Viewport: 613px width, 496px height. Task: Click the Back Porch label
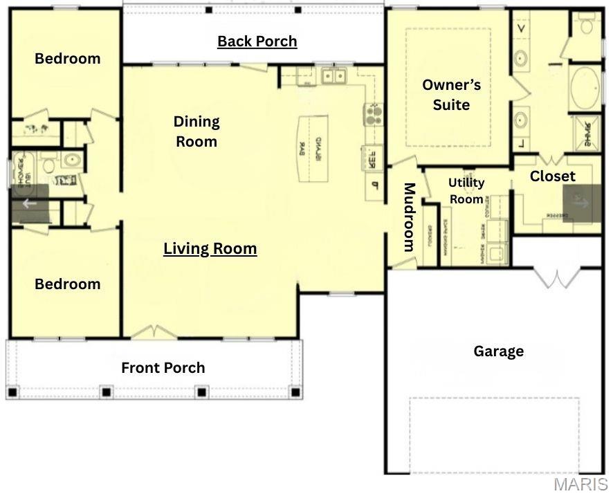(x=257, y=42)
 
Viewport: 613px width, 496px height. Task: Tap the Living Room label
(x=210, y=249)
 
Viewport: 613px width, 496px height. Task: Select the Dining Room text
(x=196, y=131)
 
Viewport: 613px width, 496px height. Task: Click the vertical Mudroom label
(x=409, y=217)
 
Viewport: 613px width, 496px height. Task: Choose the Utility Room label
(x=466, y=191)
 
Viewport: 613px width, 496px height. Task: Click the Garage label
(x=498, y=351)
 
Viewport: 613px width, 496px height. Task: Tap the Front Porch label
(x=163, y=368)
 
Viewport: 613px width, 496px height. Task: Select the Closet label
(x=552, y=176)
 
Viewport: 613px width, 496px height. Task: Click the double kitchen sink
(x=333, y=75)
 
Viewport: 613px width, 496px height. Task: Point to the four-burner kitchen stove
(x=374, y=113)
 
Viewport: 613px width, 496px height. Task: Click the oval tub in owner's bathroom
(x=585, y=89)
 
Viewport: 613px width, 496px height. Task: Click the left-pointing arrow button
(x=29, y=203)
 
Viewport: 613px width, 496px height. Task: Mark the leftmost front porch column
(x=12, y=392)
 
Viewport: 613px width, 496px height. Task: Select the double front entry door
(x=154, y=334)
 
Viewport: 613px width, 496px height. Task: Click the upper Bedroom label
(x=67, y=59)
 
